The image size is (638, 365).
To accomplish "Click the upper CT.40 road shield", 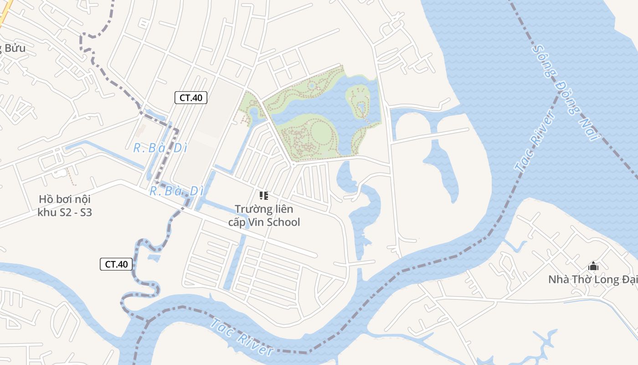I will point(191,97).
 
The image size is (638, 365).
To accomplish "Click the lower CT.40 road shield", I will point(116,264).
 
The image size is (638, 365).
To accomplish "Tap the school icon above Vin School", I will point(264,196).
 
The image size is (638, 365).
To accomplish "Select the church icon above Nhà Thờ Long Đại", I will point(593,266).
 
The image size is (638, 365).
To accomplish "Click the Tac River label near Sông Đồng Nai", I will point(535,141).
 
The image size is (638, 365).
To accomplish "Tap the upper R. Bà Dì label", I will point(154,148).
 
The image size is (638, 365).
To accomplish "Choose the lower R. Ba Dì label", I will point(176,191).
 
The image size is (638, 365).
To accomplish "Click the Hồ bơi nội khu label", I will point(64,199).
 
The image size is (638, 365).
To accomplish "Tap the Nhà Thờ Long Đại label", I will point(592,279).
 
